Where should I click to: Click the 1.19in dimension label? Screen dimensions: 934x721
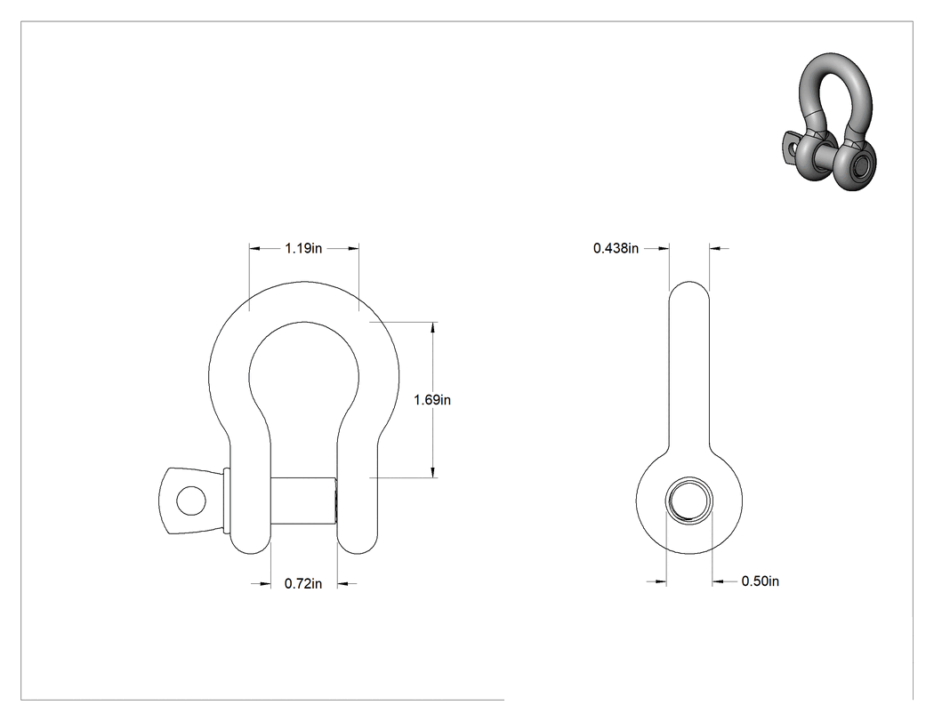pos(303,248)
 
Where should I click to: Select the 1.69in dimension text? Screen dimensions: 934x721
pos(432,400)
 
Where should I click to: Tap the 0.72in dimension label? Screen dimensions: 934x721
pos(303,584)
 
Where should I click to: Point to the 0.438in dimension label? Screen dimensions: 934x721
pos(616,248)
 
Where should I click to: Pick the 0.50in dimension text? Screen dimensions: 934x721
pos(760,581)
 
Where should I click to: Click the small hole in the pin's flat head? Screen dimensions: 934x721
pos(191,501)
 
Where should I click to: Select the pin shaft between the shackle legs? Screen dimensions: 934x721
pos(304,501)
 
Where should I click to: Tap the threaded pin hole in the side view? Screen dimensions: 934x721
pos(689,501)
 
